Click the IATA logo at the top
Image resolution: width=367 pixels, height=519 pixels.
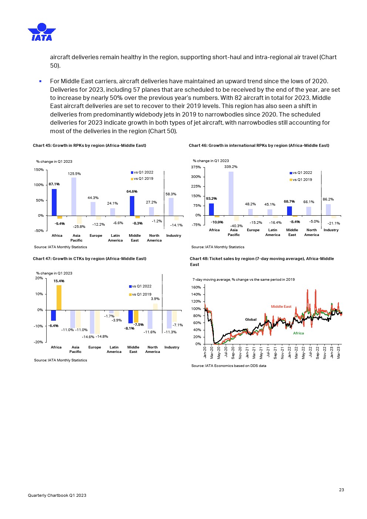click(42, 32)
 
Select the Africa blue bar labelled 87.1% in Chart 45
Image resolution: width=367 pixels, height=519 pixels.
click(54, 202)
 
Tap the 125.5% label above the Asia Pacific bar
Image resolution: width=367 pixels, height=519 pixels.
click(74, 174)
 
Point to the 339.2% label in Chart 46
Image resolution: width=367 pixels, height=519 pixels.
click(231, 167)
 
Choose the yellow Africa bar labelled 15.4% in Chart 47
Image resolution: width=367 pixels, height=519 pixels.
click(59, 297)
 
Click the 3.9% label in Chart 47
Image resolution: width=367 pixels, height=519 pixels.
click(155, 299)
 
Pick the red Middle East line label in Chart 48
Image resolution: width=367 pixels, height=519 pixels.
click(281, 307)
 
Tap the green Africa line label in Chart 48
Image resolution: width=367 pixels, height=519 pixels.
click(298, 333)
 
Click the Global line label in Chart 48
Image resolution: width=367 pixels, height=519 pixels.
click(250, 320)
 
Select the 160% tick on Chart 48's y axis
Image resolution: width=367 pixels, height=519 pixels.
click(196, 287)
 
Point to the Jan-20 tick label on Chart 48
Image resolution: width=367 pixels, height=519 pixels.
click(205, 353)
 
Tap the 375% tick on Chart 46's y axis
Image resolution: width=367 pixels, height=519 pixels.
click(196, 167)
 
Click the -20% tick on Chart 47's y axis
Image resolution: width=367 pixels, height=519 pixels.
click(38, 342)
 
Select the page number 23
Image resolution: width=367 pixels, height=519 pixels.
click(341, 490)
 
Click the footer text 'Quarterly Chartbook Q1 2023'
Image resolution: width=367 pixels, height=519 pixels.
click(57, 495)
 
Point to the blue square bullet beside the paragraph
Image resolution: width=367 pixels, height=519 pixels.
click(40, 81)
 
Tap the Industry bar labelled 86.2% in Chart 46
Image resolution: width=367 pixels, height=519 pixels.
click(328, 210)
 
